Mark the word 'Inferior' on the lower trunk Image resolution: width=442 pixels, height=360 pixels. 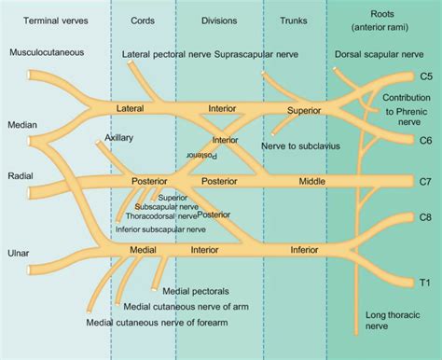[306, 250]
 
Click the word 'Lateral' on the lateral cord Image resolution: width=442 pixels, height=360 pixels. [131, 109]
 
